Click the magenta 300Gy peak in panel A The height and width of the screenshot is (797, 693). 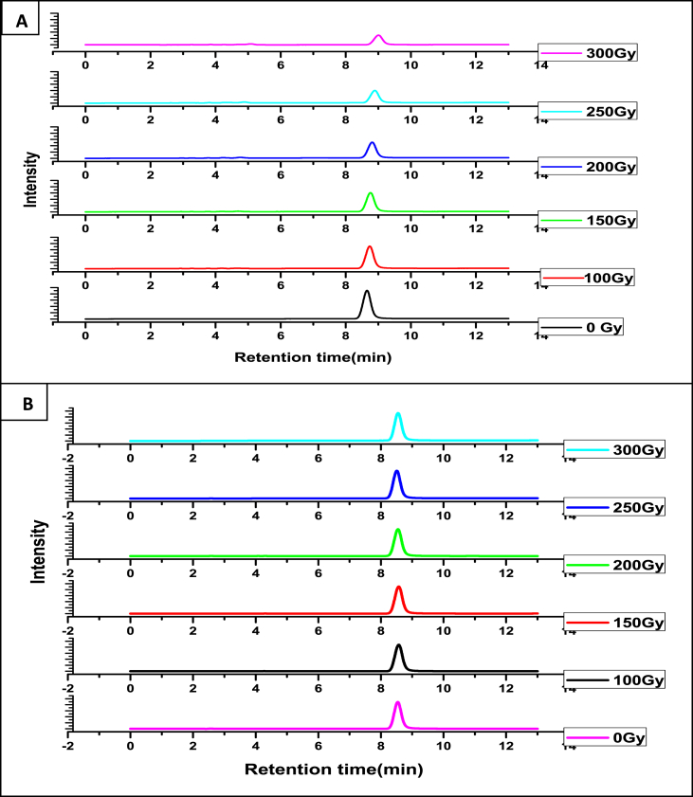pos(378,39)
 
